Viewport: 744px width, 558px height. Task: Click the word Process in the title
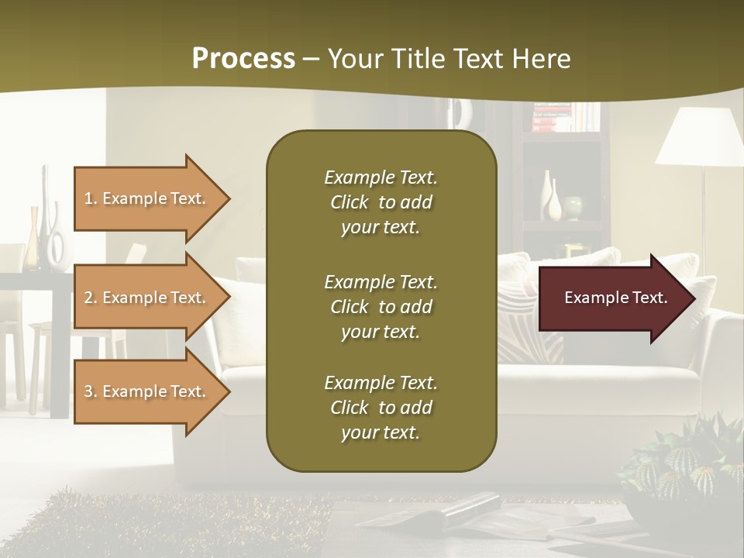click(x=243, y=59)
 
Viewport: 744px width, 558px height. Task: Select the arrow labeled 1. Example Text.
click(x=147, y=198)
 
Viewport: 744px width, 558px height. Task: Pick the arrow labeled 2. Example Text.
click(x=147, y=298)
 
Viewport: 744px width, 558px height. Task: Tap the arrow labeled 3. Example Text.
click(x=147, y=391)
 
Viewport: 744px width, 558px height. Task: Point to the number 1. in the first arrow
click(x=91, y=198)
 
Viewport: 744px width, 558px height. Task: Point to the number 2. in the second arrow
click(x=91, y=298)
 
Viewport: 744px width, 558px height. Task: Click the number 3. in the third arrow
click(x=91, y=391)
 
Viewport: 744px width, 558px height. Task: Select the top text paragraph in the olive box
click(x=381, y=202)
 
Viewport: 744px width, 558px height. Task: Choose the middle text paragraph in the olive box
click(x=381, y=306)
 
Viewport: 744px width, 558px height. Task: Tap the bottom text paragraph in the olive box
click(x=381, y=408)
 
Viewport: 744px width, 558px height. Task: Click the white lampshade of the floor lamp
click(x=699, y=137)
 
